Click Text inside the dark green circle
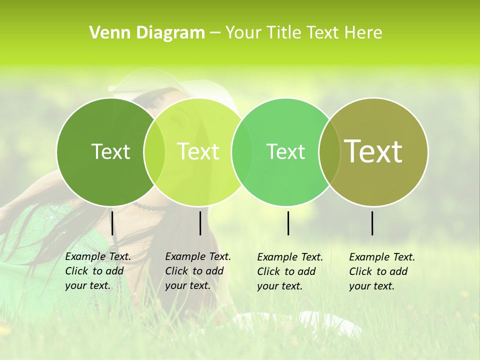click(110, 151)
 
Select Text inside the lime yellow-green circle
click(198, 151)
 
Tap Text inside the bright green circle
click(285, 151)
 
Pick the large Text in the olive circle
click(373, 151)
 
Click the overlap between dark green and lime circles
click(154, 151)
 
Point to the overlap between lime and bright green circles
click(242, 151)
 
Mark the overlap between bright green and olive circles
click(329, 151)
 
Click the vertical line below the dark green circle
click(112, 223)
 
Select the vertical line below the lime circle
click(200, 223)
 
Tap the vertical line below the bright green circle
click(288, 223)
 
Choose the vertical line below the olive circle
click(372, 223)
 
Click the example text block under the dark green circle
click(97, 271)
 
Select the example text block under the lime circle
click(197, 271)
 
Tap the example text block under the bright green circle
click(289, 271)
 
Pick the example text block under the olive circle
click(381, 271)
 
